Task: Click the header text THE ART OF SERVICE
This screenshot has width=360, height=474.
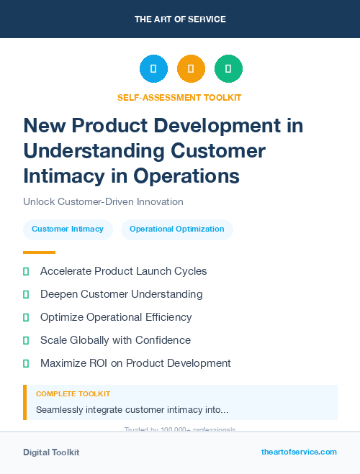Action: [x=180, y=19]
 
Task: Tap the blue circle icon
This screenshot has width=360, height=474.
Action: [x=153, y=69]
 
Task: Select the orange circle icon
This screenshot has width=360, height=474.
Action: [x=191, y=69]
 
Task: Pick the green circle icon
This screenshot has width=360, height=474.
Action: [x=228, y=69]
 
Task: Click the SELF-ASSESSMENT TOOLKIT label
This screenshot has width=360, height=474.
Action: [x=179, y=97]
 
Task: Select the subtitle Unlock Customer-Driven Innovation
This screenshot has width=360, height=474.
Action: [x=103, y=202]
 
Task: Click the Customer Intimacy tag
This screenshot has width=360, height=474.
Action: [x=68, y=229]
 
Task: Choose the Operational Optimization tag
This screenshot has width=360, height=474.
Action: [x=176, y=229]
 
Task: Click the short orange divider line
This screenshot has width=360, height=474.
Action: [x=39, y=252]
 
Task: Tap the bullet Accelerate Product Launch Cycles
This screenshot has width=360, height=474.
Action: [x=123, y=271]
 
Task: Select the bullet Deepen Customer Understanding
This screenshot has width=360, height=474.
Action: [x=121, y=294]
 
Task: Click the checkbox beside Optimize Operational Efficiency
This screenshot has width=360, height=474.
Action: [x=26, y=317]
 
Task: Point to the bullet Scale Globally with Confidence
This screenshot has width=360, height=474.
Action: [x=115, y=340]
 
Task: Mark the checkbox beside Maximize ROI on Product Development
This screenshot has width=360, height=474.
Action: [x=26, y=363]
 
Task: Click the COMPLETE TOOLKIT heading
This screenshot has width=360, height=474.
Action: [x=73, y=394]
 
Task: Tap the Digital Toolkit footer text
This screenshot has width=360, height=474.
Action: [x=51, y=452]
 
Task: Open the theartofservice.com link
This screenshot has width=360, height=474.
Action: [x=299, y=452]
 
